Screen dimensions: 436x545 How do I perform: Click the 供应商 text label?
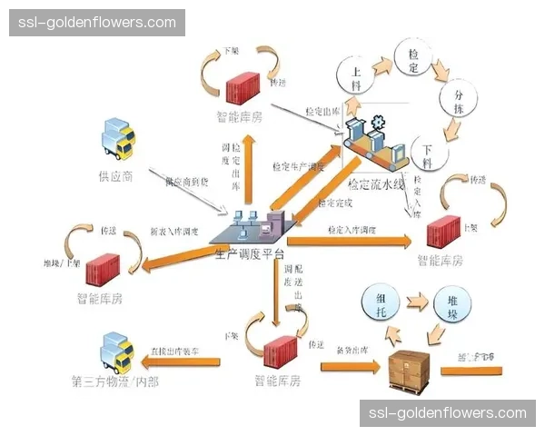(x=116, y=175)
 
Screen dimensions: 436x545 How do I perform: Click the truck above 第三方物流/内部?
(x=118, y=350)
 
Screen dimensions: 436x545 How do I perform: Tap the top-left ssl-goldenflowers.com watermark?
(x=98, y=22)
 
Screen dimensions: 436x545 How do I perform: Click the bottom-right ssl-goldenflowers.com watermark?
(x=448, y=413)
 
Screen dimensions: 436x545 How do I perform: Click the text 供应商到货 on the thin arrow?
(x=186, y=182)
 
